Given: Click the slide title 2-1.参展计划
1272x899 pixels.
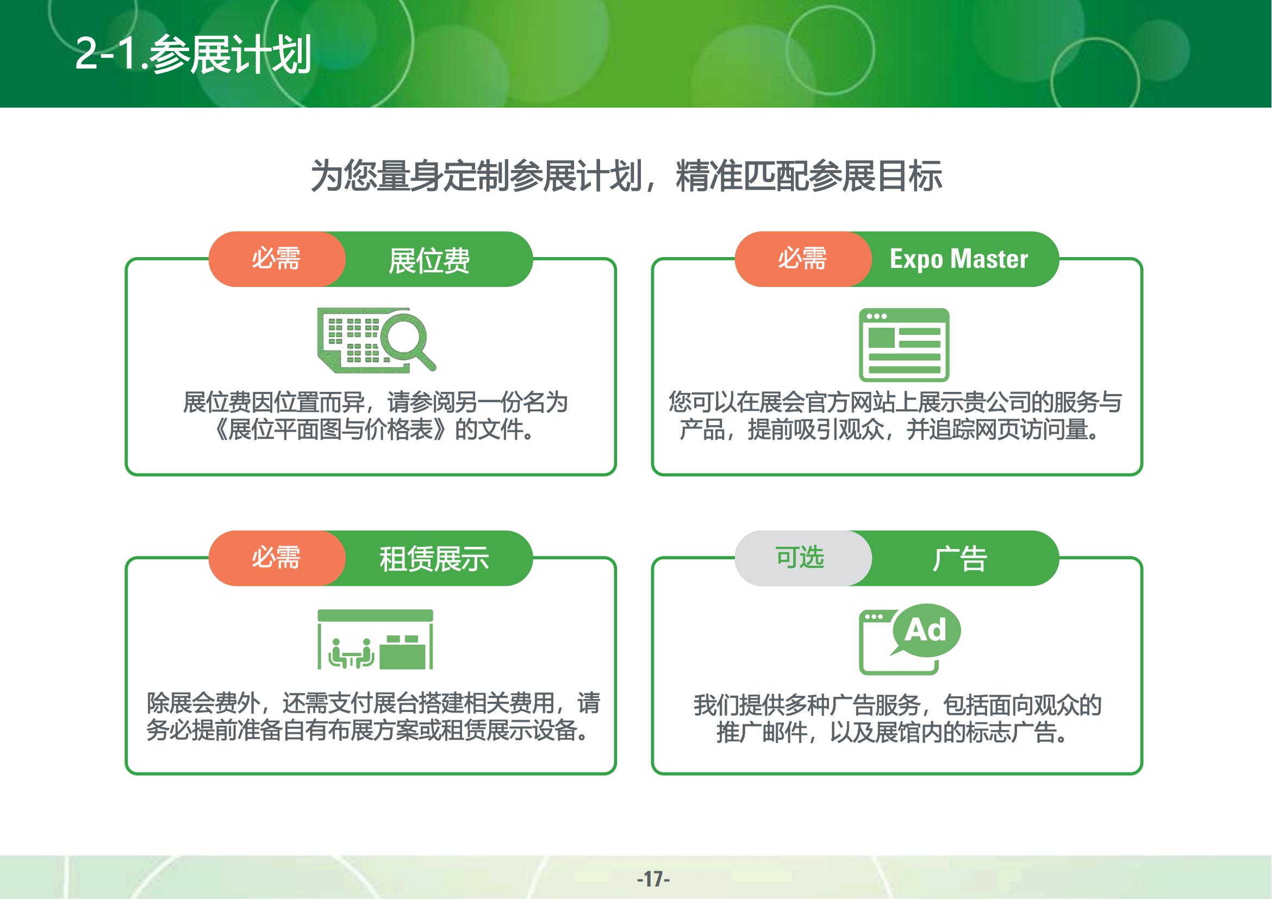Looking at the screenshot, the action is [x=193, y=54].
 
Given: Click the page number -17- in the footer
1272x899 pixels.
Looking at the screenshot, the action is [x=653, y=878].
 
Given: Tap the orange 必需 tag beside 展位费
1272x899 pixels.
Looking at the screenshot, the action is [x=276, y=259].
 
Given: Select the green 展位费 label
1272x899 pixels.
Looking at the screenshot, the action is [x=429, y=260].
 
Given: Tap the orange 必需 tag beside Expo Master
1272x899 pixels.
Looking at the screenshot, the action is [x=802, y=259].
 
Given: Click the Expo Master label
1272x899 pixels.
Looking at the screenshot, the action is [x=959, y=259].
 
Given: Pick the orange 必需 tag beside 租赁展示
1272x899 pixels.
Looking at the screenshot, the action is [x=276, y=558].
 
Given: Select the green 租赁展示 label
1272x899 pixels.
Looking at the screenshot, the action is [x=434, y=559].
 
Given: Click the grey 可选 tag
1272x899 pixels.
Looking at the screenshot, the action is [x=800, y=558].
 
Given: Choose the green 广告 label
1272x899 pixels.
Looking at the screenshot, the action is [x=959, y=559].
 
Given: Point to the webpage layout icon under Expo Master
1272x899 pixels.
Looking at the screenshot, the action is [x=904, y=345].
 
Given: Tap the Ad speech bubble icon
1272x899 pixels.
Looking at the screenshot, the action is [x=925, y=630].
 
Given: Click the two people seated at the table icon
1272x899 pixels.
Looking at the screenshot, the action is [x=352, y=654].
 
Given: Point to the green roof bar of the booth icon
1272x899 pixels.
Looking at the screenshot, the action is [x=375, y=615].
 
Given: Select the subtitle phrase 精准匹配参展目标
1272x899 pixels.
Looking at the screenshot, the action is [x=809, y=176].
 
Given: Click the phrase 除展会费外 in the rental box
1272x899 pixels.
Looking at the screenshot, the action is [x=203, y=703].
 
